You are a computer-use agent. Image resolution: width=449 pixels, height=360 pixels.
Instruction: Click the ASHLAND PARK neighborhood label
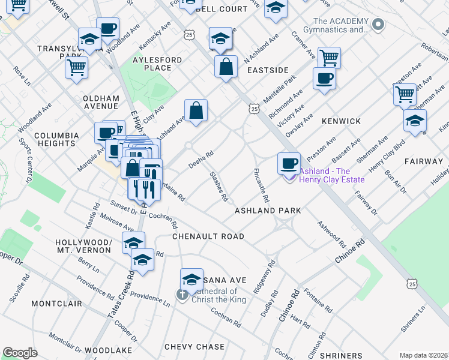pos(267,211)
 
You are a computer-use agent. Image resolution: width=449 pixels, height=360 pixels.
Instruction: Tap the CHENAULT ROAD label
pos(208,236)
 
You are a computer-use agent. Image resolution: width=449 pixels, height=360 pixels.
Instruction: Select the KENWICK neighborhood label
pos(341,121)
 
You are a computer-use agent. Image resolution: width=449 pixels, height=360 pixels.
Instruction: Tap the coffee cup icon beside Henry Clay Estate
pos(289,163)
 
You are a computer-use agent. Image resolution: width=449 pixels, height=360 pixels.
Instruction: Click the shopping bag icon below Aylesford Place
pos(196,110)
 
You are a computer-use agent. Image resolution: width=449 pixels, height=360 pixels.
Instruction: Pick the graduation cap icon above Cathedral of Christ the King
pos(192,279)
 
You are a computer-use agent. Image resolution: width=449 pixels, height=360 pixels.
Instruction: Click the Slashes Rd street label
pos(218,187)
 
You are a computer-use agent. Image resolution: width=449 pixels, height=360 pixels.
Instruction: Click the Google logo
pos(20,353)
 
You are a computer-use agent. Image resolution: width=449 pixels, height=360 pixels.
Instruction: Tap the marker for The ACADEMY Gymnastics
pos(378,25)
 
